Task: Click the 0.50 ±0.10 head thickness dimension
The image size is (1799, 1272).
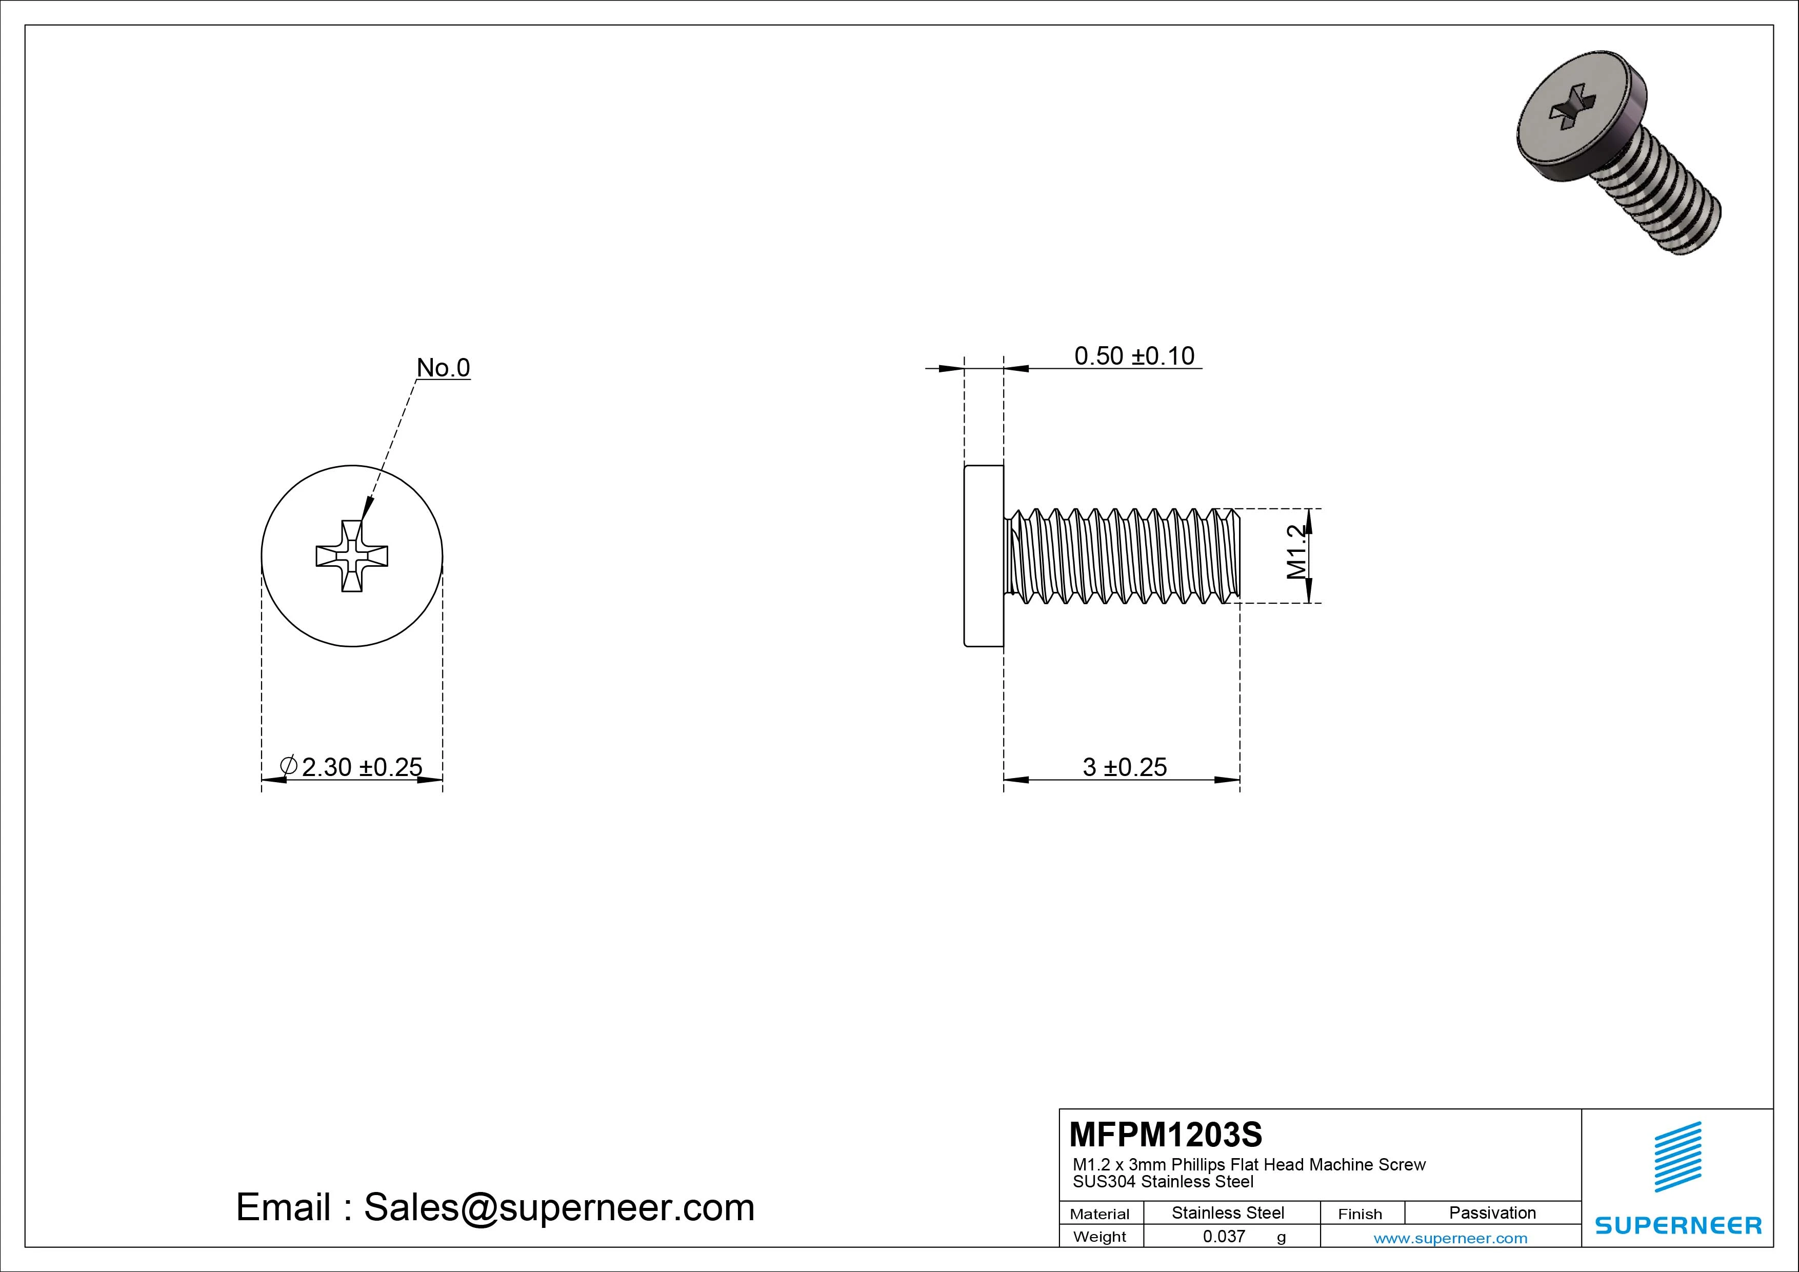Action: [x=1134, y=356]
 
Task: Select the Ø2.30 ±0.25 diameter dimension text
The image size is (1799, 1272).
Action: [x=353, y=766]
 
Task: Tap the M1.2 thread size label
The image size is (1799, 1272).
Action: [x=1297, y=552]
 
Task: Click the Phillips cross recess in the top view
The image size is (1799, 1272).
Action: [x=352, y=555]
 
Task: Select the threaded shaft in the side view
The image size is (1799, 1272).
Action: [x=1124, y=555]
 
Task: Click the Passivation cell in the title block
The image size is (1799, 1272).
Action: [x=1492, y=1213]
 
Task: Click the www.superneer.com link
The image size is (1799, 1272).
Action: [x=1450, y=1238]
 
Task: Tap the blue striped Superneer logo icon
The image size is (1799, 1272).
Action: [x=1677, y=1157]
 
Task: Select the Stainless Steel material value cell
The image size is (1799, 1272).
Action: [x=1228, y=1213]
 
